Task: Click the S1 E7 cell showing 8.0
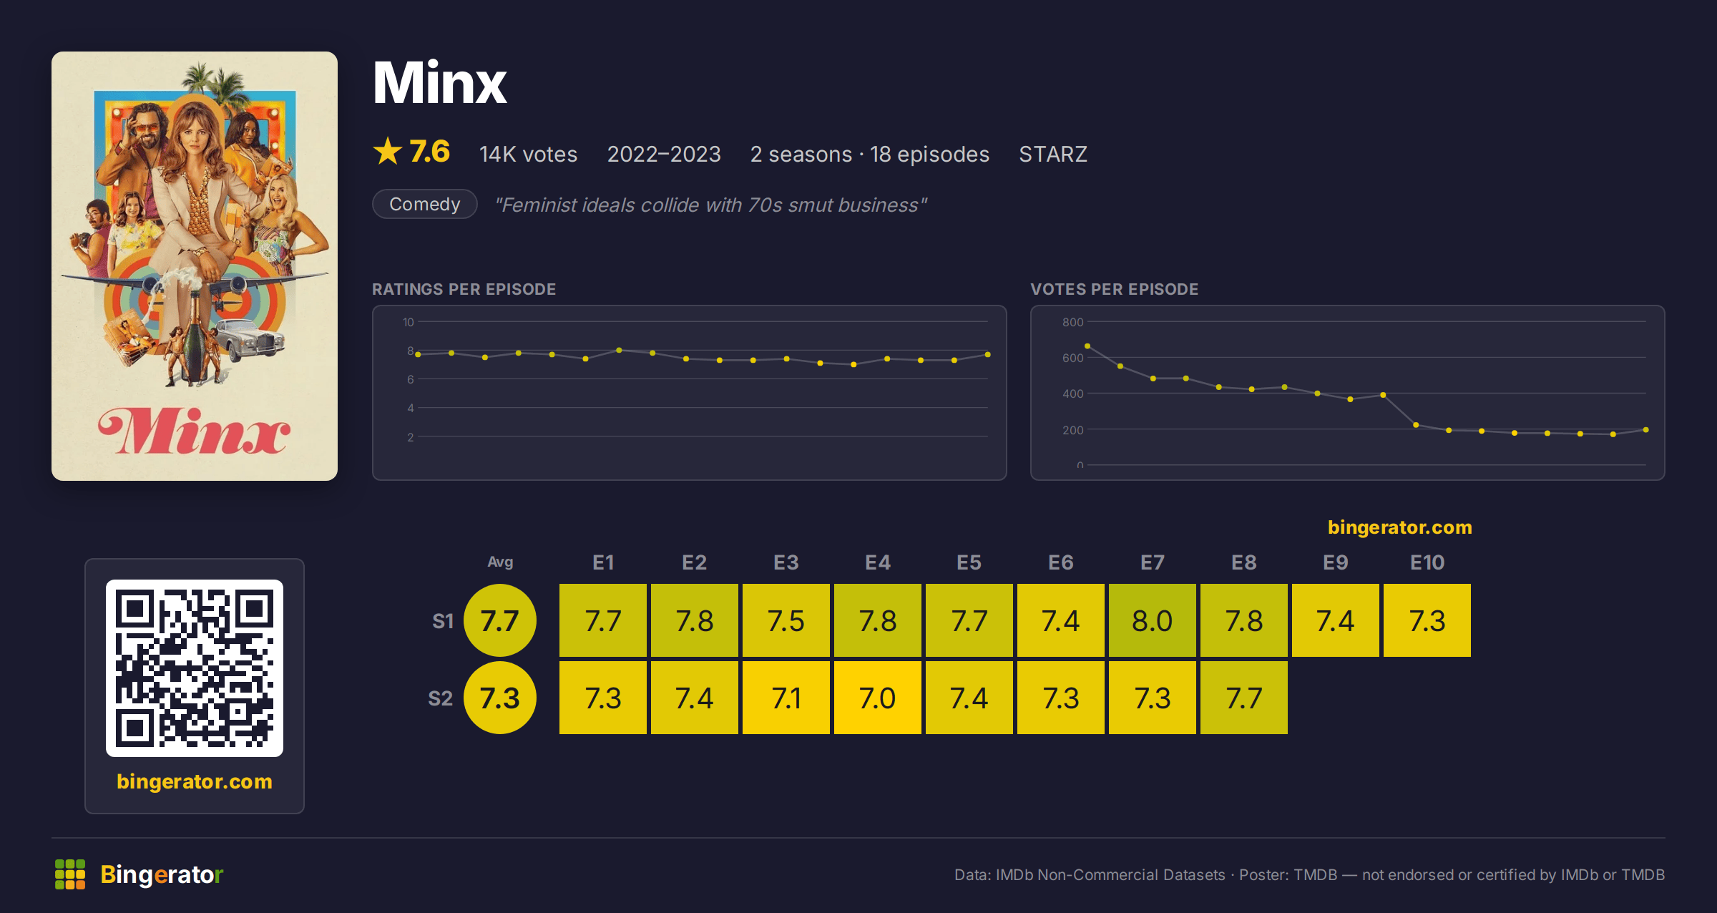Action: [x=1152, y=620]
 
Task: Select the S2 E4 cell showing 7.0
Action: [x=877, y=698]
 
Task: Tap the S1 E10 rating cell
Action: [x=1427, y=620]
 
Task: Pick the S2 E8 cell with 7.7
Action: [x=1243, y=698]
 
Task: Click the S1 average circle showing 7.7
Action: [x=499, y=620]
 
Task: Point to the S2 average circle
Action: [x=499, y=698]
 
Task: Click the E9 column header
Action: [x=1335, y=562]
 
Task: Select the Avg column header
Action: [x=500, y=562]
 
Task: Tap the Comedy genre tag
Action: [x=425, y=204]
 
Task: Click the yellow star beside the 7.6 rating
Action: [x=388, y=151]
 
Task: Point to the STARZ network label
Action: [x=1052, y=154]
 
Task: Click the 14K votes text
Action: [x=528, y=154]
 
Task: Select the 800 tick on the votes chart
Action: [x=1072, y=322]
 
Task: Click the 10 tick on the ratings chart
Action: [x=408, y=322]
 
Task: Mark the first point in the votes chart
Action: [x=1087, y=346]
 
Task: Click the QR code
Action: [x=195, y=668]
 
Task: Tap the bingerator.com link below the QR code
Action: [x=195, y=781]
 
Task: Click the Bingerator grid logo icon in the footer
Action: [x=70, y=874]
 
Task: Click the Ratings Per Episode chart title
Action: [x=464, y=289]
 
